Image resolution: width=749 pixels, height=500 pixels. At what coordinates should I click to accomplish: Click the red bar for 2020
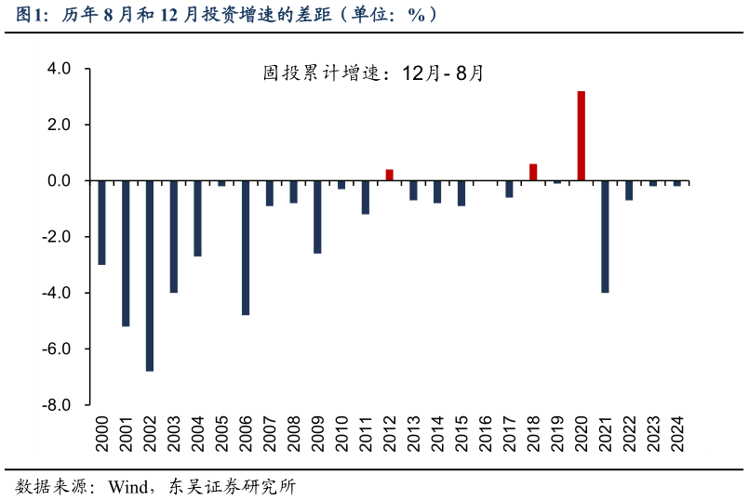click(x=582, y=136)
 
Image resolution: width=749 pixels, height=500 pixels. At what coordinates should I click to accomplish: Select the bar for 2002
click(x=150, y=275)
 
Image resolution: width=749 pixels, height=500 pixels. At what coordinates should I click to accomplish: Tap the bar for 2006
click(x=246, y=247)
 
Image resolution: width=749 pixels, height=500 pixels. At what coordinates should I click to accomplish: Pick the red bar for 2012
click(x=390, y=175)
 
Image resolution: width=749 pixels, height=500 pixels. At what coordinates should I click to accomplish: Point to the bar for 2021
click(x=606, y=236)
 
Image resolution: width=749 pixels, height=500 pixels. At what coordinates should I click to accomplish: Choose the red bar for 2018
click(x=533, y=172)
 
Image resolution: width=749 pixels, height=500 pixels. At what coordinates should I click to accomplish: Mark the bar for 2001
click(x=126, y=253)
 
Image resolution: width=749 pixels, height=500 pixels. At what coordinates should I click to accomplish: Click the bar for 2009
click(x=317, y=217)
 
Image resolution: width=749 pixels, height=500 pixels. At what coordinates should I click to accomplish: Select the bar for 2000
click(x=101, y=222)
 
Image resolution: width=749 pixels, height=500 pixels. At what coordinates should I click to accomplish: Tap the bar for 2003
click(x=174, y=236)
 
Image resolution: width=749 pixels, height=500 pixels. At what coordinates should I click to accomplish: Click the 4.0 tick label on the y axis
click(x=59, y=69)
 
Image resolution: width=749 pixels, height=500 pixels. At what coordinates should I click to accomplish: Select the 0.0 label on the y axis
click(x=59, y=180)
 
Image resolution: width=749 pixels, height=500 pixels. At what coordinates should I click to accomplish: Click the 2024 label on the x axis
click(x=677, y=432)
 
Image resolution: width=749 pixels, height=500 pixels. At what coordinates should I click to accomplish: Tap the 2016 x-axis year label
click(x=486, y=432)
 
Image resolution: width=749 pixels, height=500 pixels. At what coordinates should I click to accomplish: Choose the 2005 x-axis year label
click(x=221, y=432)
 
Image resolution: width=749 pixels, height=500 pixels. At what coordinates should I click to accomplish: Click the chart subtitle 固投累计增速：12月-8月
click(x=373, y=73)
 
